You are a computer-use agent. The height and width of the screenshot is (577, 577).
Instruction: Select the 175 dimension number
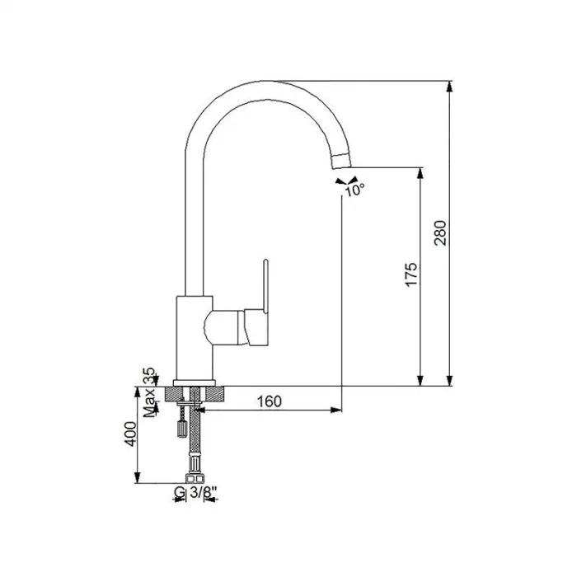411,275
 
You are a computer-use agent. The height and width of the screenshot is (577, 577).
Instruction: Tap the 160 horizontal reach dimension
269,401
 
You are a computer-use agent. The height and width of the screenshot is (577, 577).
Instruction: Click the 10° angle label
354,190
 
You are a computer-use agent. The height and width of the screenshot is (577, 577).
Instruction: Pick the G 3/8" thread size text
195,494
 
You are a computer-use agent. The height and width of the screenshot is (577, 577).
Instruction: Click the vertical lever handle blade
265,285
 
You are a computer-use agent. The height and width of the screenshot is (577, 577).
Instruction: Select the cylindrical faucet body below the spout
195,338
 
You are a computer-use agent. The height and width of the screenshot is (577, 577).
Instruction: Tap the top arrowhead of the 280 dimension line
450,86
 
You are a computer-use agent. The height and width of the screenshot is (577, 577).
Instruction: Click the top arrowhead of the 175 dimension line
422,173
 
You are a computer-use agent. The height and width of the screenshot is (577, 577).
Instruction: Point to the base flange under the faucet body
195,382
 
